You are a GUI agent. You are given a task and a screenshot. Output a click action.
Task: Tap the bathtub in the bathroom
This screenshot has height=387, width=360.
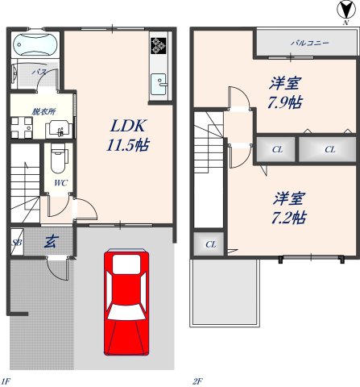coord(35,44)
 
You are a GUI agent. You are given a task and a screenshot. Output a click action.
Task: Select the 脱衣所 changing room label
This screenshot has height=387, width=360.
coord(43,111)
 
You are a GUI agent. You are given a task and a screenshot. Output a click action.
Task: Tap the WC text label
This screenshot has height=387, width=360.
coord(60,183)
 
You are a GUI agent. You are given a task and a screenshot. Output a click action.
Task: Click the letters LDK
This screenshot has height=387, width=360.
coord(126,127)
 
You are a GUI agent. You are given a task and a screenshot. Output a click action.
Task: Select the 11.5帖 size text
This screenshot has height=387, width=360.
coord(126,146)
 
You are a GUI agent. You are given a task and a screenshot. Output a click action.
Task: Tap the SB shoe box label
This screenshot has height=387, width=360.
coord(17,242)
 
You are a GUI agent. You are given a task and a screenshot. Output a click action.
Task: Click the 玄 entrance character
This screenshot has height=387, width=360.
coord(50,240)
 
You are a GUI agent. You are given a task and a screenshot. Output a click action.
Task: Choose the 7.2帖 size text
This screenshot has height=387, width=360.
coord(288,218)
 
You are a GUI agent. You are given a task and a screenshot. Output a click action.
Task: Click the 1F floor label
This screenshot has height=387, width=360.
coord(6,380)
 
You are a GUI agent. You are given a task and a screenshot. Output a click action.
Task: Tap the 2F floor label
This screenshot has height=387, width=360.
coord(197,380)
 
